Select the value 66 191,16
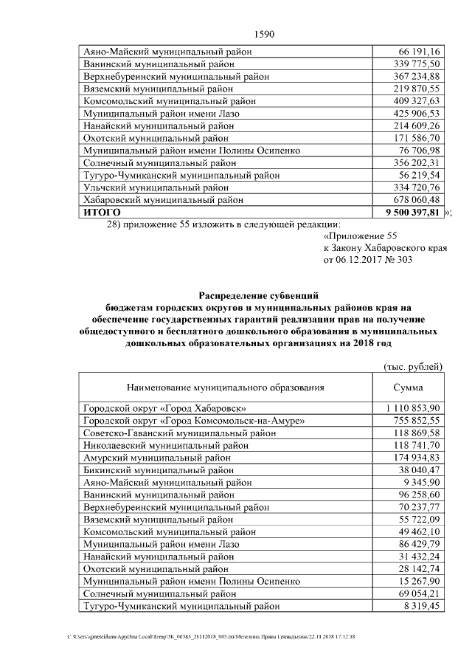419,52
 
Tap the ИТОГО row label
102,213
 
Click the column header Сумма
408,387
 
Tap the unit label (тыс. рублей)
413,366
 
